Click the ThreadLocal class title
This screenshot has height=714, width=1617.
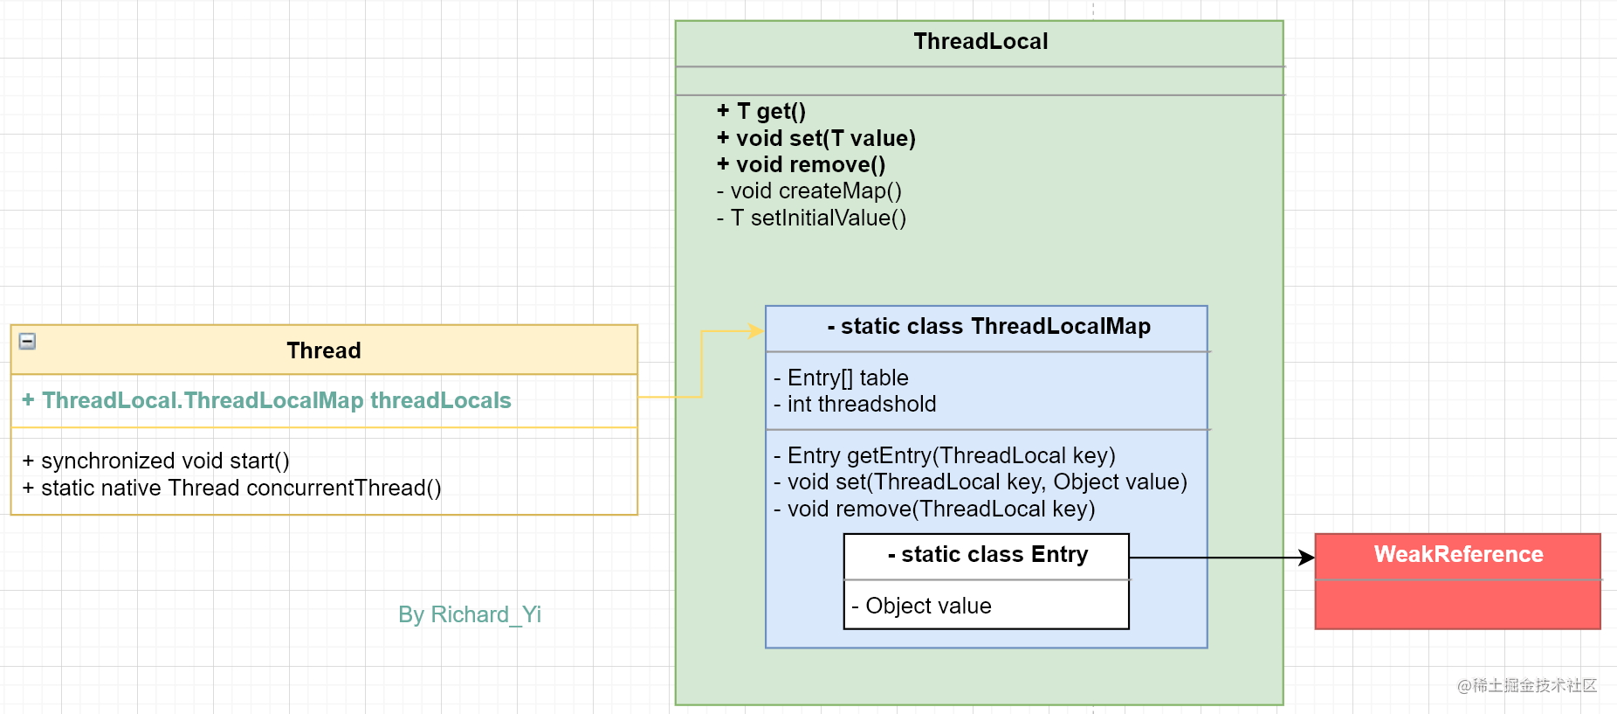[980, 41]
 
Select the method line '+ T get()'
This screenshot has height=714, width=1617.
[761, 111]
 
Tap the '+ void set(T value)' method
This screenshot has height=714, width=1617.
[816, 138]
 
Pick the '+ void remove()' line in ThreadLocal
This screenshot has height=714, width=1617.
[802, 164]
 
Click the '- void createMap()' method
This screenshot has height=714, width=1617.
[809, 191]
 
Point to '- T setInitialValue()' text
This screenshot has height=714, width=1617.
[812, 218]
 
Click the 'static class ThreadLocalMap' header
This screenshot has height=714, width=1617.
[988, 326]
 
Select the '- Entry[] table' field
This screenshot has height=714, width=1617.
[842, 378]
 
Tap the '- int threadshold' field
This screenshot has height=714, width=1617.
[856, 404]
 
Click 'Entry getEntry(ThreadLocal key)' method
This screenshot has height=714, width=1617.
[945, 455]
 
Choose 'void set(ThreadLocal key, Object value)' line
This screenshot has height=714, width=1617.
[981, 482]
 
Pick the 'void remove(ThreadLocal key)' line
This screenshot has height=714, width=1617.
[934, 509]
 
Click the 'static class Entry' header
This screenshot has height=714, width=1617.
[987, 554]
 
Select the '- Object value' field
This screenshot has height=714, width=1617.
[922, 606]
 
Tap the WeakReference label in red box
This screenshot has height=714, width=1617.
[1458, 554]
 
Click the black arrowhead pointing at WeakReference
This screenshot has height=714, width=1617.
[1307, 558]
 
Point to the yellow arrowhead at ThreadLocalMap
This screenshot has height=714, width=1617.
[756, 331]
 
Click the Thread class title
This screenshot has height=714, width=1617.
[323, 350]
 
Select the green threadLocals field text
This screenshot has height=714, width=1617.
[267, 400]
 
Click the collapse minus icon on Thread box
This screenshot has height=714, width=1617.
[28, 341]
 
